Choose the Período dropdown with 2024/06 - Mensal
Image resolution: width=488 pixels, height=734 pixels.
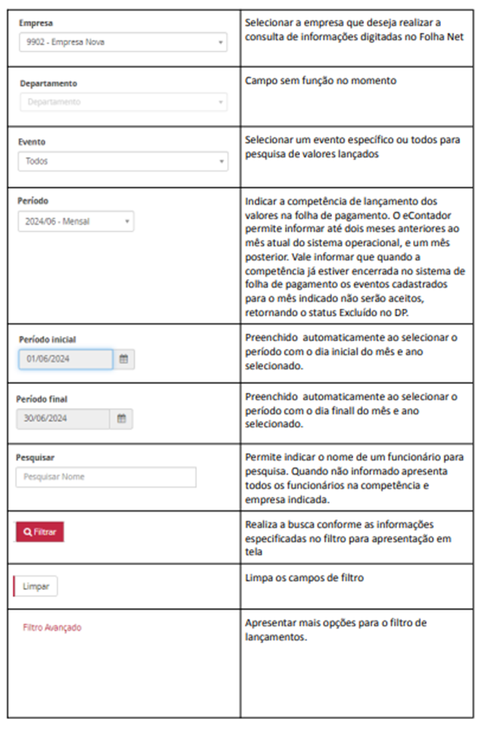(x=76, y=221)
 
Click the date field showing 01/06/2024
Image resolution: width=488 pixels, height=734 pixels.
(x=66, y=359)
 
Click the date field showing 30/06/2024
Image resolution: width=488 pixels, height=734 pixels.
(x=64, y=418)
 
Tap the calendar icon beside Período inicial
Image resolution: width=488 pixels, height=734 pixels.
(x=124, y=359)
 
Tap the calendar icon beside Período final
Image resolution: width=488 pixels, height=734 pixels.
(x=121, y=418)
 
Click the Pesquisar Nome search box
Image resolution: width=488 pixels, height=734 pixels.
(x=105, y=477)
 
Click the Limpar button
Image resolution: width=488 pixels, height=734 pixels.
(x=36, y=586)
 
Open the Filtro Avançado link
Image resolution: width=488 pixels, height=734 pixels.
(x=52, y=628)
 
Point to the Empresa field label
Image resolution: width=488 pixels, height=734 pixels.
(x=36, y=24)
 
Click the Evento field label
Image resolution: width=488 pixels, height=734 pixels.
(x=31, y=142)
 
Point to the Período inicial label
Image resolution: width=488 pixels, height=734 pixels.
(x=47, y=339)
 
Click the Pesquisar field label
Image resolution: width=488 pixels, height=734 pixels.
(x=35, y=457)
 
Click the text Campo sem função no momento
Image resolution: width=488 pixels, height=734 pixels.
(x=321, y=80)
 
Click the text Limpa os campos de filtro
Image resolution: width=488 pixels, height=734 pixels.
(x=305, y=578)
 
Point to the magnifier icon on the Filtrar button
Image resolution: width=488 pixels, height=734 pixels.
(x=27, y=532)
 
